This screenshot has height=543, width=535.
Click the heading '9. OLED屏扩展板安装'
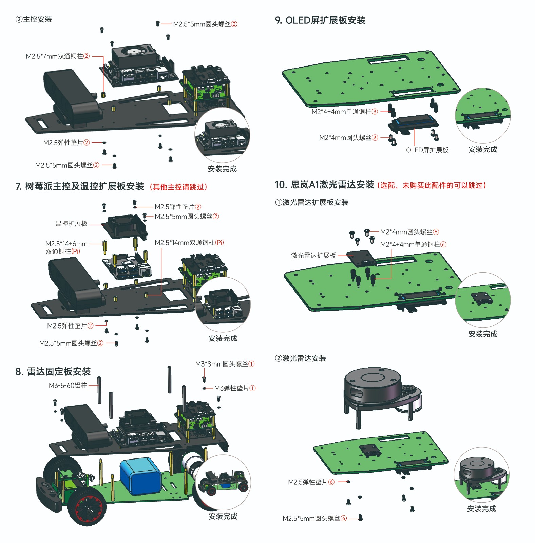[x=320, y=20]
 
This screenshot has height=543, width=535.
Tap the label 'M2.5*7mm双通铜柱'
[x=58, y=56]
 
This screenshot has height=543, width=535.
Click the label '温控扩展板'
[x=72, y=224]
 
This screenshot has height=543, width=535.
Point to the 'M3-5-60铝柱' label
[x=68, y=386]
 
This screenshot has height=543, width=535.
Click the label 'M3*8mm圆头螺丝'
[x=225, y=364]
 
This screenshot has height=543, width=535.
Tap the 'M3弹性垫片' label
[x=235, y=388]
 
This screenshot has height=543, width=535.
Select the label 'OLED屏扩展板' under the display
[x=427, y=150]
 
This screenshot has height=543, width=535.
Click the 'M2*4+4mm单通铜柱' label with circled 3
[x=345, y=112]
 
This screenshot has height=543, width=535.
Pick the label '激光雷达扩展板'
[x=313, y=256]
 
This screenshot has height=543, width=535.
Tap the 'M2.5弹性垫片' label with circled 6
[x=311, y=482]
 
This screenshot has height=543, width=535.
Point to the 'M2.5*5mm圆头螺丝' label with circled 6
[x=315, y=518]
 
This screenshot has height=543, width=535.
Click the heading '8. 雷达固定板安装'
[x=53, y=372]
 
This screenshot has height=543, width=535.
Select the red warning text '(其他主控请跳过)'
[x=178, y=187]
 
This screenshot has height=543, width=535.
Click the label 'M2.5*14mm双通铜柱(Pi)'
[x=189, y=243]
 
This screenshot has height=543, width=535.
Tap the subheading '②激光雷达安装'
[x=300, y=358]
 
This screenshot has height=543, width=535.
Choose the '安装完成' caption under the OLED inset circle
[x=483, y=150]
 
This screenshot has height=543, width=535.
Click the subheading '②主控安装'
[x=34, y=19]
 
